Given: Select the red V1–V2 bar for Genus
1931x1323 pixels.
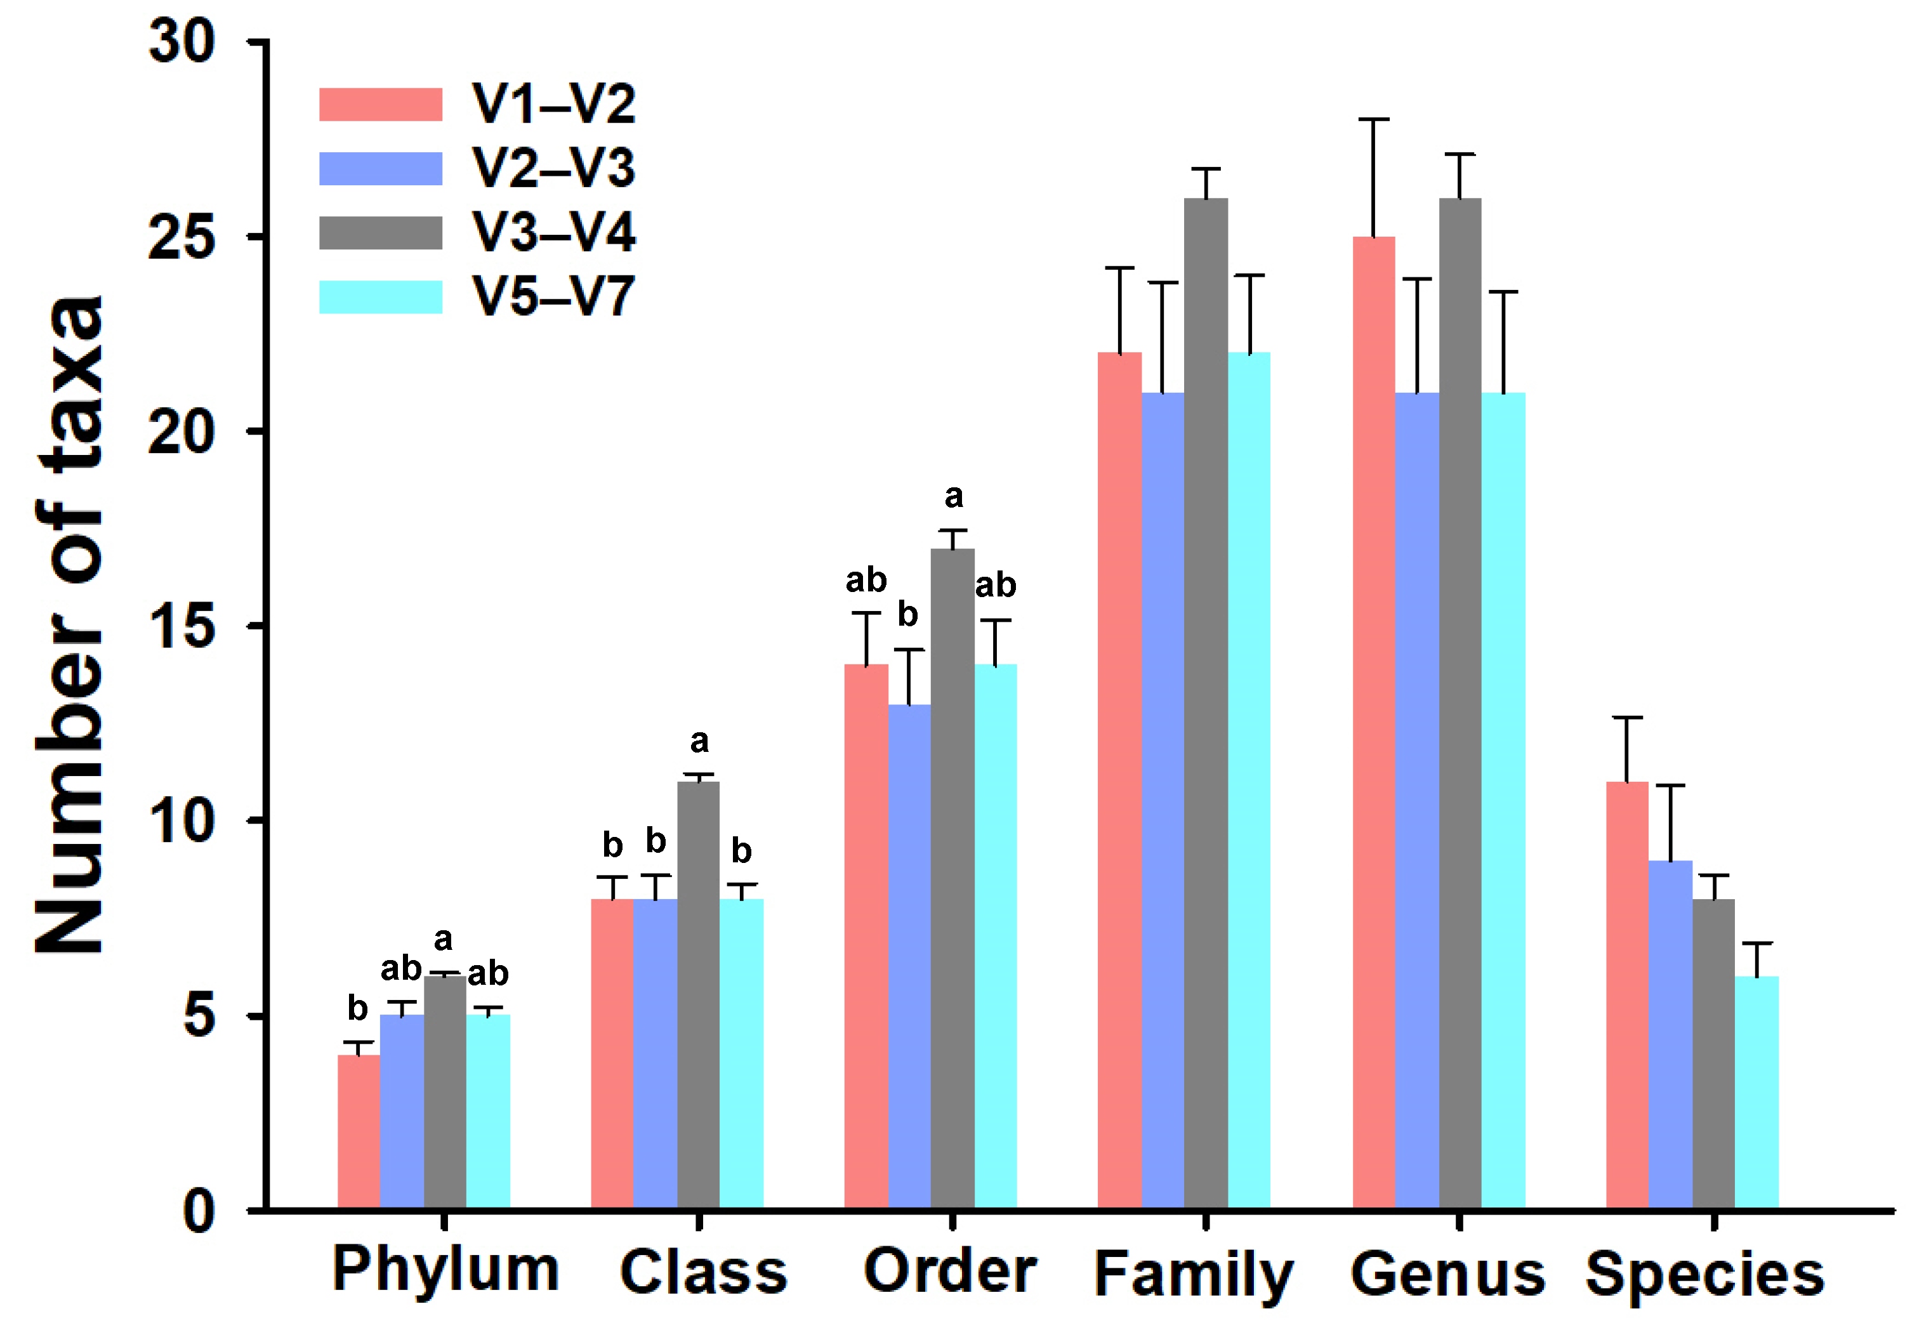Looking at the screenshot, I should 1373,723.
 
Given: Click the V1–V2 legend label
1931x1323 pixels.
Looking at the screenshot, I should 553,105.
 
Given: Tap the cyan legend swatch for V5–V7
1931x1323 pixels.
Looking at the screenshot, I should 381,297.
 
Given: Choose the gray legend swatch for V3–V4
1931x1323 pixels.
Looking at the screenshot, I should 381,233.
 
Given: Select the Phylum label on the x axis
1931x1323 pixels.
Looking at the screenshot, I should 445,1269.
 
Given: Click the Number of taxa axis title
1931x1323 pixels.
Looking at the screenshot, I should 70,623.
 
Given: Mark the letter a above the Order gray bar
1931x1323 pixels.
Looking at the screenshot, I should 953,497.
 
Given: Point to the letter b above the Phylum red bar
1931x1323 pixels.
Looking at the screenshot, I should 357,1009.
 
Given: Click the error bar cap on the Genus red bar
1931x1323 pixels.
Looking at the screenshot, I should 1373,120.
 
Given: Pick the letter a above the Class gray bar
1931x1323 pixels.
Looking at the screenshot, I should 699,741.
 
